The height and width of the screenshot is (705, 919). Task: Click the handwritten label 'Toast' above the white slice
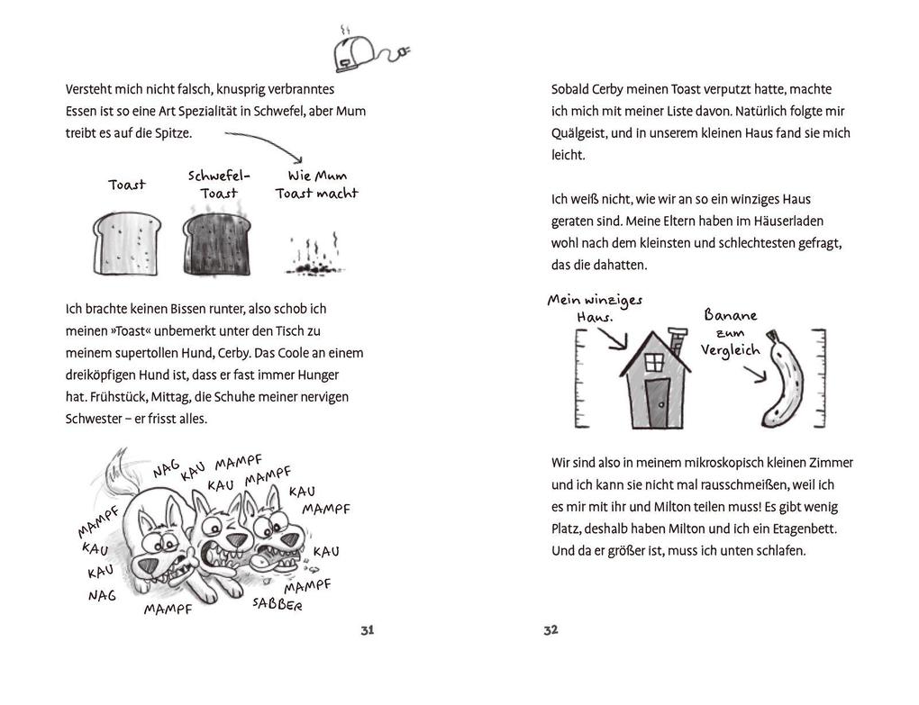point(126,185)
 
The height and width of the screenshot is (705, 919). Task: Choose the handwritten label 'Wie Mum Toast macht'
point(316,185)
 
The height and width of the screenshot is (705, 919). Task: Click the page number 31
point(367,630)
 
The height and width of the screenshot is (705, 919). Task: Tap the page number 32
point(551,630)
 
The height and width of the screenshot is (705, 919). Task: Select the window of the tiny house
point(655,362)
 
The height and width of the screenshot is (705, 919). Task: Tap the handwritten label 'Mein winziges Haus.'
point(595,309)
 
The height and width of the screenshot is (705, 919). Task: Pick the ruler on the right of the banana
point(818,378)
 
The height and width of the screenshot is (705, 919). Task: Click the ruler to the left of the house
point(579,378)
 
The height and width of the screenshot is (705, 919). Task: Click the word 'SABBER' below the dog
point(277,603)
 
